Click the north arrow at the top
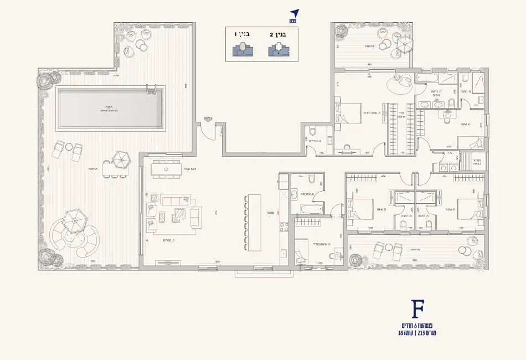click(x=294, y=14)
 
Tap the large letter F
click(x=418, y=308)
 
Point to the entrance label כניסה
click(x=208, y=117)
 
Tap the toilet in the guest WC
click(x=312, y=131)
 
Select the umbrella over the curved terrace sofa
click(x=74, y=220)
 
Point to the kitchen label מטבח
click(x=265, y=212)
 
